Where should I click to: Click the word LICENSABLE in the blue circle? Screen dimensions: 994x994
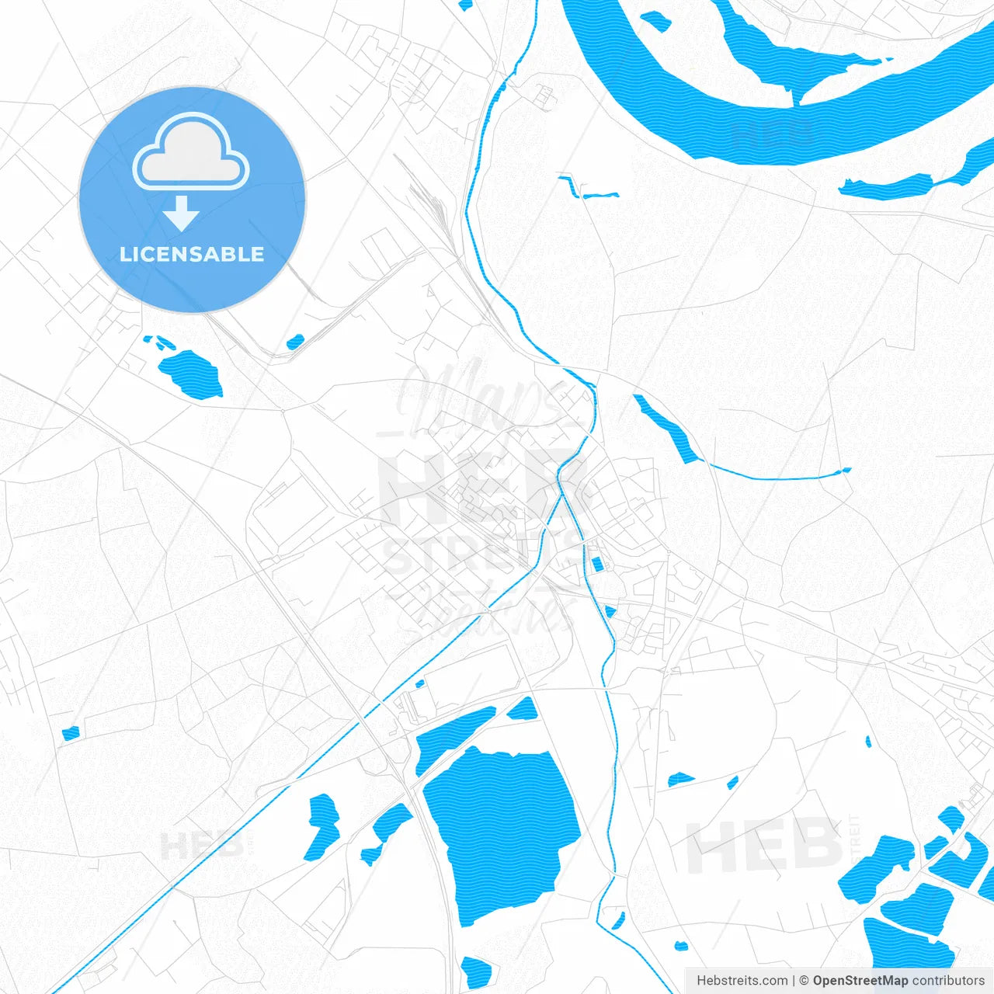(x=192, y=254)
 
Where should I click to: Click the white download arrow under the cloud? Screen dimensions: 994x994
(x=182, y=214)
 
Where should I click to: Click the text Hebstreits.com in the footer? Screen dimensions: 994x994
(x=742, y=981)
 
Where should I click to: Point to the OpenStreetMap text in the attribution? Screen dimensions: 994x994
(x=860, y=981)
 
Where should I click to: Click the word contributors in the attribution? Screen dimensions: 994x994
(x=947, y=981)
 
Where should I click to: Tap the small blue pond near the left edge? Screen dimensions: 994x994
(x=71, y=732)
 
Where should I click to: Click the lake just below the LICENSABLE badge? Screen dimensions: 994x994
(x=190, y=373)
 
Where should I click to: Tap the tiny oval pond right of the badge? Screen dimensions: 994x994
(x=295, y=342)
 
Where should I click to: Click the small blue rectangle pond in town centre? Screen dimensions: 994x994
(x=596, y=565)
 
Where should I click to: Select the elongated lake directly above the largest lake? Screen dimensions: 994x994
(x=454, y=738)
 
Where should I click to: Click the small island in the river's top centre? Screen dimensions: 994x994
(x=656, y=21)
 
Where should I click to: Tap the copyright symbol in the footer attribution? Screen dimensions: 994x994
(x=804, y=981)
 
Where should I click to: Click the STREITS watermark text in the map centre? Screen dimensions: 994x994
(x=481, y=555)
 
